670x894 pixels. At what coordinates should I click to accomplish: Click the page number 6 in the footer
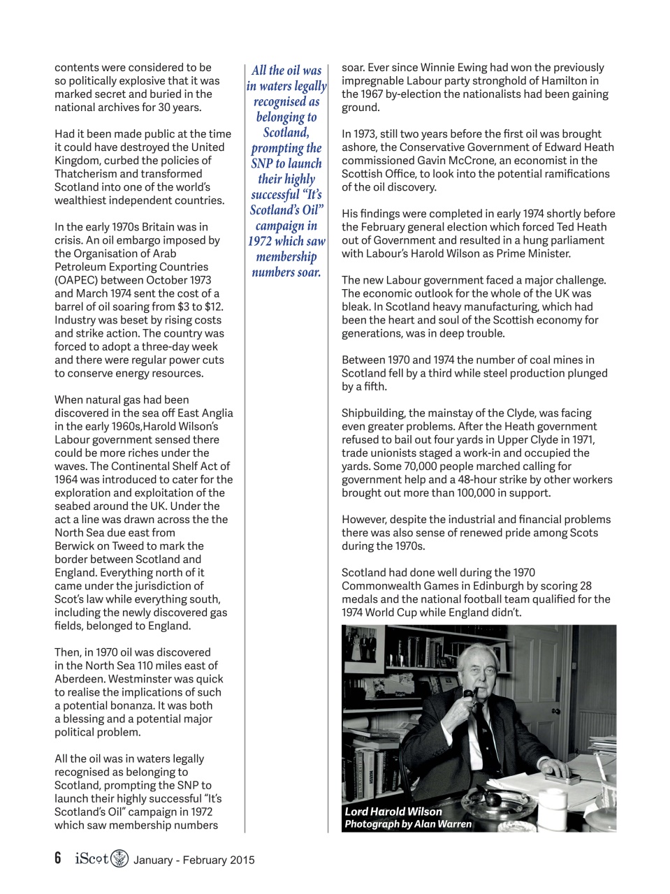pyautogui.click(x=58, y=858)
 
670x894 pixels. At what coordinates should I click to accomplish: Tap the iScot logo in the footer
pyautogui.click(x=101, y=858)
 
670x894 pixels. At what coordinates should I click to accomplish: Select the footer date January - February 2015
pyautogui.click(x=194, y=860)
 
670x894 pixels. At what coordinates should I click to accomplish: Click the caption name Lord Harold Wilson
pyautogui.click(x=393, y=812)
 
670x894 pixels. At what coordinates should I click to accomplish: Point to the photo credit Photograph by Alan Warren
pyautogui.click(x=407, y=824)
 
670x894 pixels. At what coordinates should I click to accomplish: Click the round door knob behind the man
pyautogui.click(x=556, y=711)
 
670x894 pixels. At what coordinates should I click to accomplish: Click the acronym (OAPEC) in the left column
pyautogui.click(x=79, y=280)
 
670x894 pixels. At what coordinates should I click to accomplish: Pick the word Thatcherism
pyautogui.click(x=89, y=174)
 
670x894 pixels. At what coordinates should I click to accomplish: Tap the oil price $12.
pyautogui.click(x=214, y=307)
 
